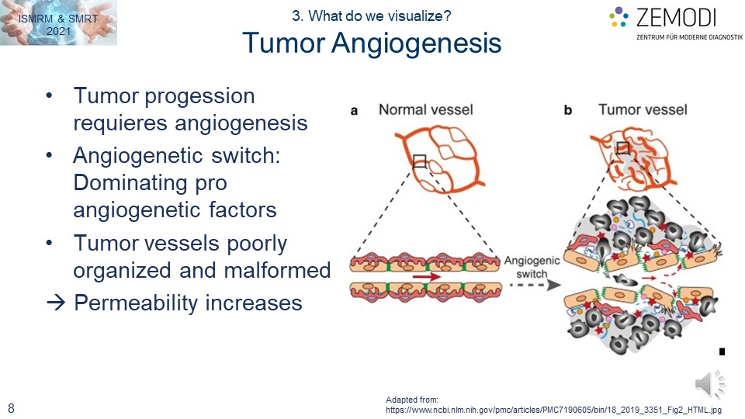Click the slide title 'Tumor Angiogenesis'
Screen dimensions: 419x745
372,43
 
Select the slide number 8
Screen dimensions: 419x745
12,407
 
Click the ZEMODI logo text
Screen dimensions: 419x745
675,17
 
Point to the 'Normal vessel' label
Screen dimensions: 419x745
425,109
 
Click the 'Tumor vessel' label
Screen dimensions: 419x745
643,109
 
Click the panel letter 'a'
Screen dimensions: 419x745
354,111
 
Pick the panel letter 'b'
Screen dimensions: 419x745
568,111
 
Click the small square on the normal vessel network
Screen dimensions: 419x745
420,161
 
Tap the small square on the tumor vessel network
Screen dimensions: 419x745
622,148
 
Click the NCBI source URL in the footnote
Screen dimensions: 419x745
554,409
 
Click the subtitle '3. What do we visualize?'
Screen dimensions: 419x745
372,15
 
